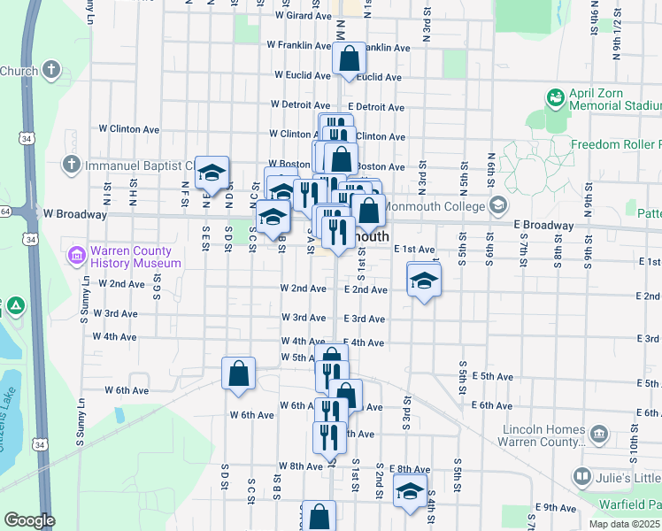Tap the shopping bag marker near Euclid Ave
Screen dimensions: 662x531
tap(350, 60)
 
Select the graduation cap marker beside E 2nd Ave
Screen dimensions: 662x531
tap(424, 281)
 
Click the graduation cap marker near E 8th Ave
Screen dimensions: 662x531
tap(410, 492)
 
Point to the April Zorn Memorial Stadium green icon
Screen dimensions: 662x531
tap(557, 96)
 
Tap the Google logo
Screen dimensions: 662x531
tap(29, 521)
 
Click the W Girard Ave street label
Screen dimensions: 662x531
tap(303, 16)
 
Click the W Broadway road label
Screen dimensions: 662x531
tap(74, 214)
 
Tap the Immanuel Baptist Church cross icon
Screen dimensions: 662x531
tap(71, 165)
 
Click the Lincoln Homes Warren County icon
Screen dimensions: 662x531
tap(600, 434)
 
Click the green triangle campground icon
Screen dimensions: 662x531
tap(15, 307)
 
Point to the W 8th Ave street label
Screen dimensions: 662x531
tap(300, 466)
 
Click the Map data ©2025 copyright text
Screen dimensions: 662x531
tap(625, 524)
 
